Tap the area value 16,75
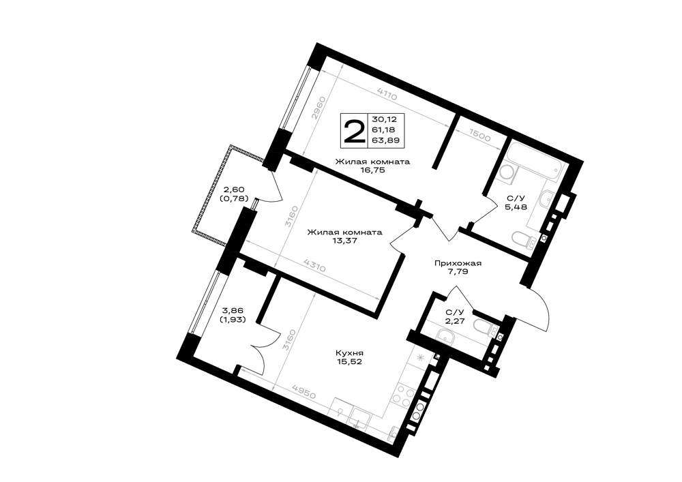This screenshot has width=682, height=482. tap(372, 170)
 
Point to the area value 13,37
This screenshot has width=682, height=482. tap(344, 241)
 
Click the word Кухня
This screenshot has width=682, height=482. tap(349, 353)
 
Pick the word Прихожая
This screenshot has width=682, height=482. tap(458, 263)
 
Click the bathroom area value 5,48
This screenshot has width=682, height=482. tap(516, 207)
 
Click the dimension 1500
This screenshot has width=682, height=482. tap(479, 136)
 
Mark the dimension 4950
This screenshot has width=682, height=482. tap(304, 393)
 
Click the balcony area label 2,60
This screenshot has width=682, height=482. tap(235, 190)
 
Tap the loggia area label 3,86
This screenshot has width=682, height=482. tap(234, 310)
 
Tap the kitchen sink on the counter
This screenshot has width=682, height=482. tap(359, 418)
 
